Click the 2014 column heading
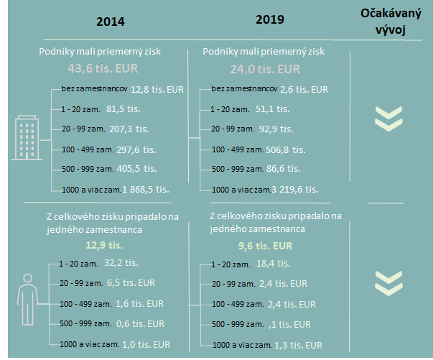point(111,21)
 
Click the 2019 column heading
point(270,19)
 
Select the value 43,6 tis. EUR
point(102,70)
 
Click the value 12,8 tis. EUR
point(157,89)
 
